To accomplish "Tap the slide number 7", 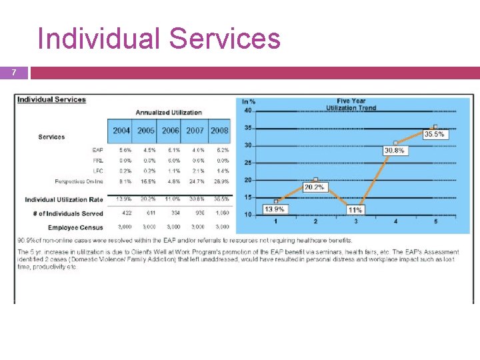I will (22, 72).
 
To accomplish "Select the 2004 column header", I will (121, 131).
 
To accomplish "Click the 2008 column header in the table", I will (219, 131).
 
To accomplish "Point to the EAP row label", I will (98, 150).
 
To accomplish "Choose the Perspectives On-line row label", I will (79, 181).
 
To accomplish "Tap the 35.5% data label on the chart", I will (434, 134).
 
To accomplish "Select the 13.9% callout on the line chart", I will (275, 209).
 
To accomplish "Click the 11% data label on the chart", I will (355, 209).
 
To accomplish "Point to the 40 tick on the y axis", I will (248, 111).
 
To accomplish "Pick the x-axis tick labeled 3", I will (355, 221).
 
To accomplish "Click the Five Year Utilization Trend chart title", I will (356, 105).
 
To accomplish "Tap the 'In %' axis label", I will (249, 102).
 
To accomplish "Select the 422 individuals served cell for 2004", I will (121, 213).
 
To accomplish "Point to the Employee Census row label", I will (75, 228).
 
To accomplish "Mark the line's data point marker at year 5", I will (435, 126).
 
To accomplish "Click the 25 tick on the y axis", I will (248, 163).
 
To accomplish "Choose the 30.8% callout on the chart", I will (395, 151).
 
